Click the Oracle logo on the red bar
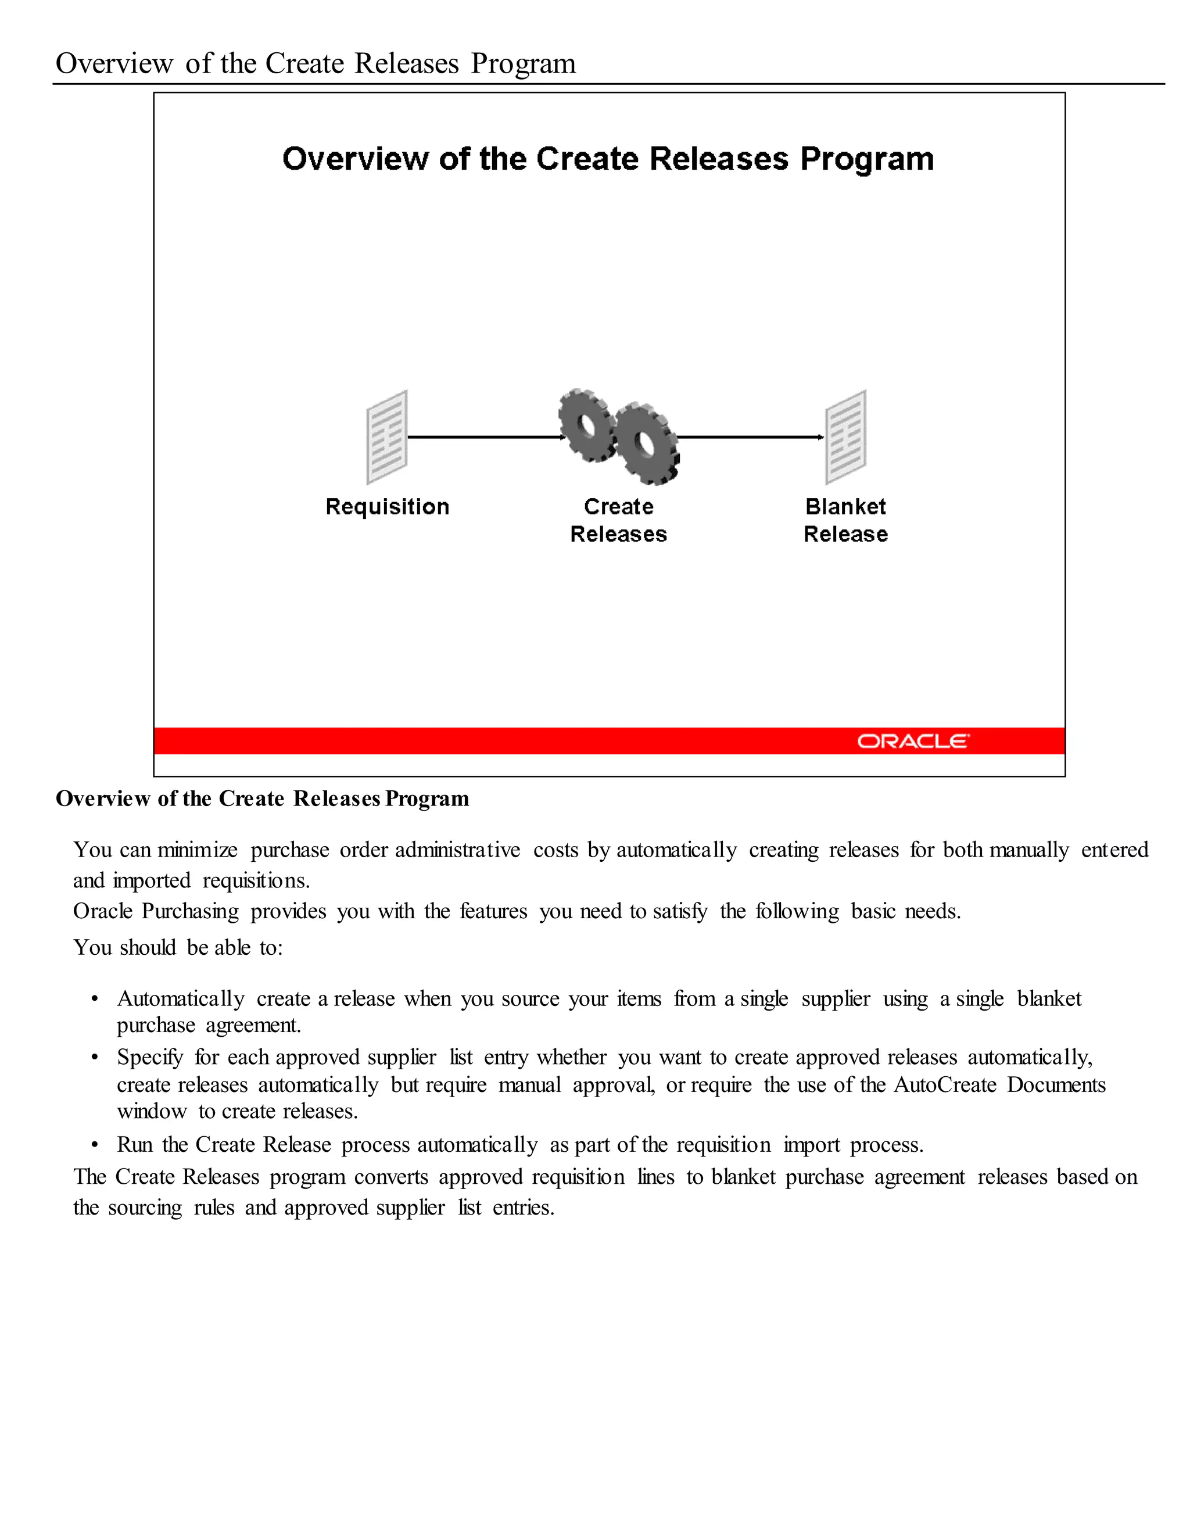(x=913, y=741)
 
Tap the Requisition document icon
(x=387, y=437)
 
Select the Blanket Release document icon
(x=846, y=437)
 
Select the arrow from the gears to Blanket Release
(x=750, y=437)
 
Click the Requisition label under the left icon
(x=387, y=506)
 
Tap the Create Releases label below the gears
(x=618, y=520)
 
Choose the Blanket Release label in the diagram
(x=845, y=520)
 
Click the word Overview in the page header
(x=114, y=63)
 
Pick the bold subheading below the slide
(x=262, y=799)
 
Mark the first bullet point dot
(x=95, y=999)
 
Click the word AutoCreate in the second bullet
(x=945, y=1084)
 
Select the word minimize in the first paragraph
(x=198, y=850)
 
